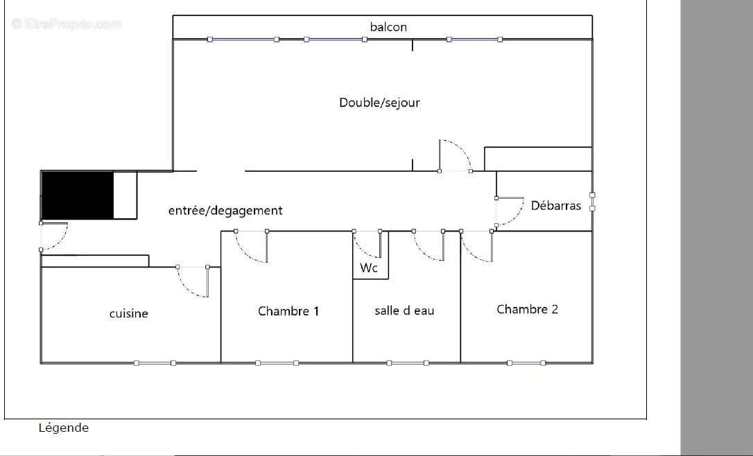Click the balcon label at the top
(x=388, y=27)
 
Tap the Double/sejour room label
(x=379, y=103)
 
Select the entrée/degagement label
(x=225, y=211)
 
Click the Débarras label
(x=556, y=205)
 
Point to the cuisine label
(x=129, y=314)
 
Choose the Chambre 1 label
(x=288, y=311)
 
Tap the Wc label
(x=369, y=268)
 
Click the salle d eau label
(x=404, y=310)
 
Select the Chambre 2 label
(x=527, y=309)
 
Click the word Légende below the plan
(x=63, y=428)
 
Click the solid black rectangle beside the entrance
(x=77, y=195)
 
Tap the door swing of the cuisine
(x=193, y=281)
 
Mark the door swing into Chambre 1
(x=251, y=247)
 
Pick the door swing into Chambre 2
(x=477, y=247)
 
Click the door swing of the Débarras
(x=510, y=211)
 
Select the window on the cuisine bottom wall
(x=155, y=362)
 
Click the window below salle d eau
(x=407, y=362)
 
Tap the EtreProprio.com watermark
(x=67, y=24)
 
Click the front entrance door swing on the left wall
(x=54, y=237)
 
